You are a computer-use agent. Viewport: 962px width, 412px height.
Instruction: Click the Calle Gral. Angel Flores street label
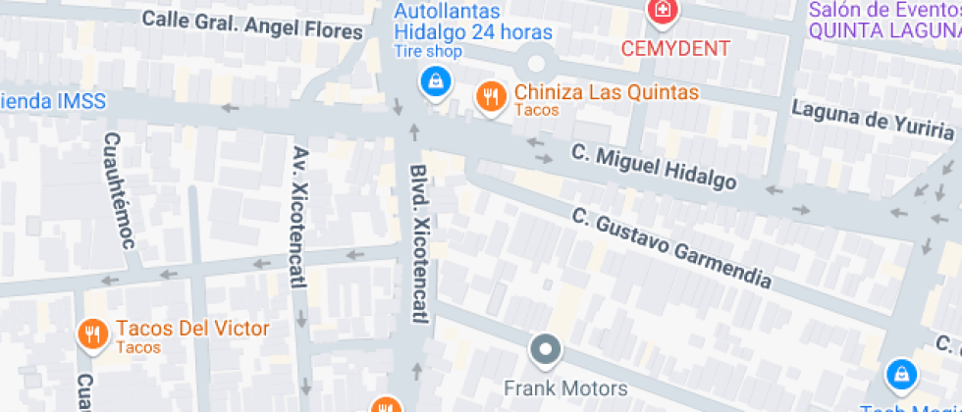click(x=252, y=26)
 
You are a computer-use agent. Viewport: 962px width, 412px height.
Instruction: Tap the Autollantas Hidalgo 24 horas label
click(x=473, y=22)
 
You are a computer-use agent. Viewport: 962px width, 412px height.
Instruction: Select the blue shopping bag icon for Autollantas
click(x=433, y=80)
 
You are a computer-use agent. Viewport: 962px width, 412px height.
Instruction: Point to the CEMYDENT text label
click(x=675, y=48)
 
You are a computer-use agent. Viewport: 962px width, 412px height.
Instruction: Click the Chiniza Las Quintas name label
click(x=607, y=93)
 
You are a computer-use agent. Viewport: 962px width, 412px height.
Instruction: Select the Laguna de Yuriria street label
click(x=873, y=120)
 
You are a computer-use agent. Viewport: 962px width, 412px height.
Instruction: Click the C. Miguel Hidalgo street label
click(x=654, y=168)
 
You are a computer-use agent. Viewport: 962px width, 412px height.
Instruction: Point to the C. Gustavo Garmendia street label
click(x=672, y=246)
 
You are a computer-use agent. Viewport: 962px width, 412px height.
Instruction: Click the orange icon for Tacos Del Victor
click(x=92, y=334)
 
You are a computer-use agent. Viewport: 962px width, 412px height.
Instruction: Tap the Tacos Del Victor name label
click(x=192, y=328)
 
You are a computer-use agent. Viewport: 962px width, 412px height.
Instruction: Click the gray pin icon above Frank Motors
click(x=545, y=348)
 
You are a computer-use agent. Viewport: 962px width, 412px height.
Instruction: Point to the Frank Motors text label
click(x=565, y=387)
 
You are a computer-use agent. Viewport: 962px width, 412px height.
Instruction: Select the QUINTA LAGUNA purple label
click(x=883, y=29)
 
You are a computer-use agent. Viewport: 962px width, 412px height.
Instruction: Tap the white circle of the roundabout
click(x=535, y=63)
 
